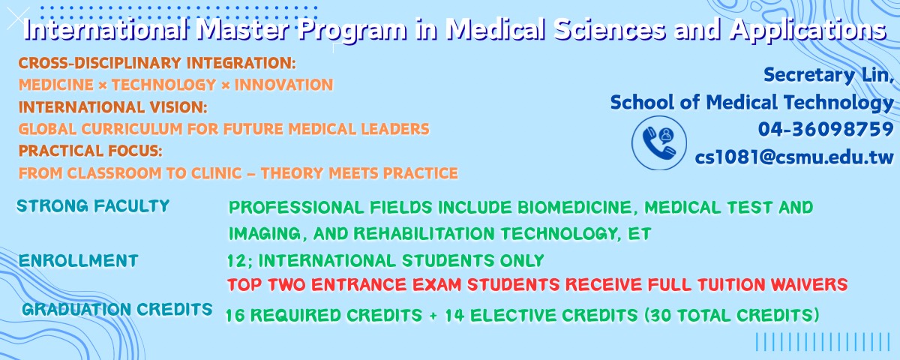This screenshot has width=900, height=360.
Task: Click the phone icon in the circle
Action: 659,143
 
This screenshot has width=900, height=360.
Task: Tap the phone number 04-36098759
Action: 826,129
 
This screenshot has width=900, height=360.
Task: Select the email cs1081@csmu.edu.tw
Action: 794,157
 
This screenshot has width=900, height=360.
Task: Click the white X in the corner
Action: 18,19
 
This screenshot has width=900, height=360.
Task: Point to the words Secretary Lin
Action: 829,75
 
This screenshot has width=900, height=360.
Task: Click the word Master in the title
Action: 243,30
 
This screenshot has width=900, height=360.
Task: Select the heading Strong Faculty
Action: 93,206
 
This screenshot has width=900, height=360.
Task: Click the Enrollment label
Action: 78,261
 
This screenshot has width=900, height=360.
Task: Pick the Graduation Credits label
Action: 117,309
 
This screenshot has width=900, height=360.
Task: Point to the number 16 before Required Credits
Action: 235,316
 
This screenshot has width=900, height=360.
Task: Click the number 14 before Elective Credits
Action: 454,316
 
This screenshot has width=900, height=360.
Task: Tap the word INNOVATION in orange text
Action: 283,85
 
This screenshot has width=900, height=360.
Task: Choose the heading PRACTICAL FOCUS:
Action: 91,151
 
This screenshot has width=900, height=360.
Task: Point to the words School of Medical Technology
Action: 751,103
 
